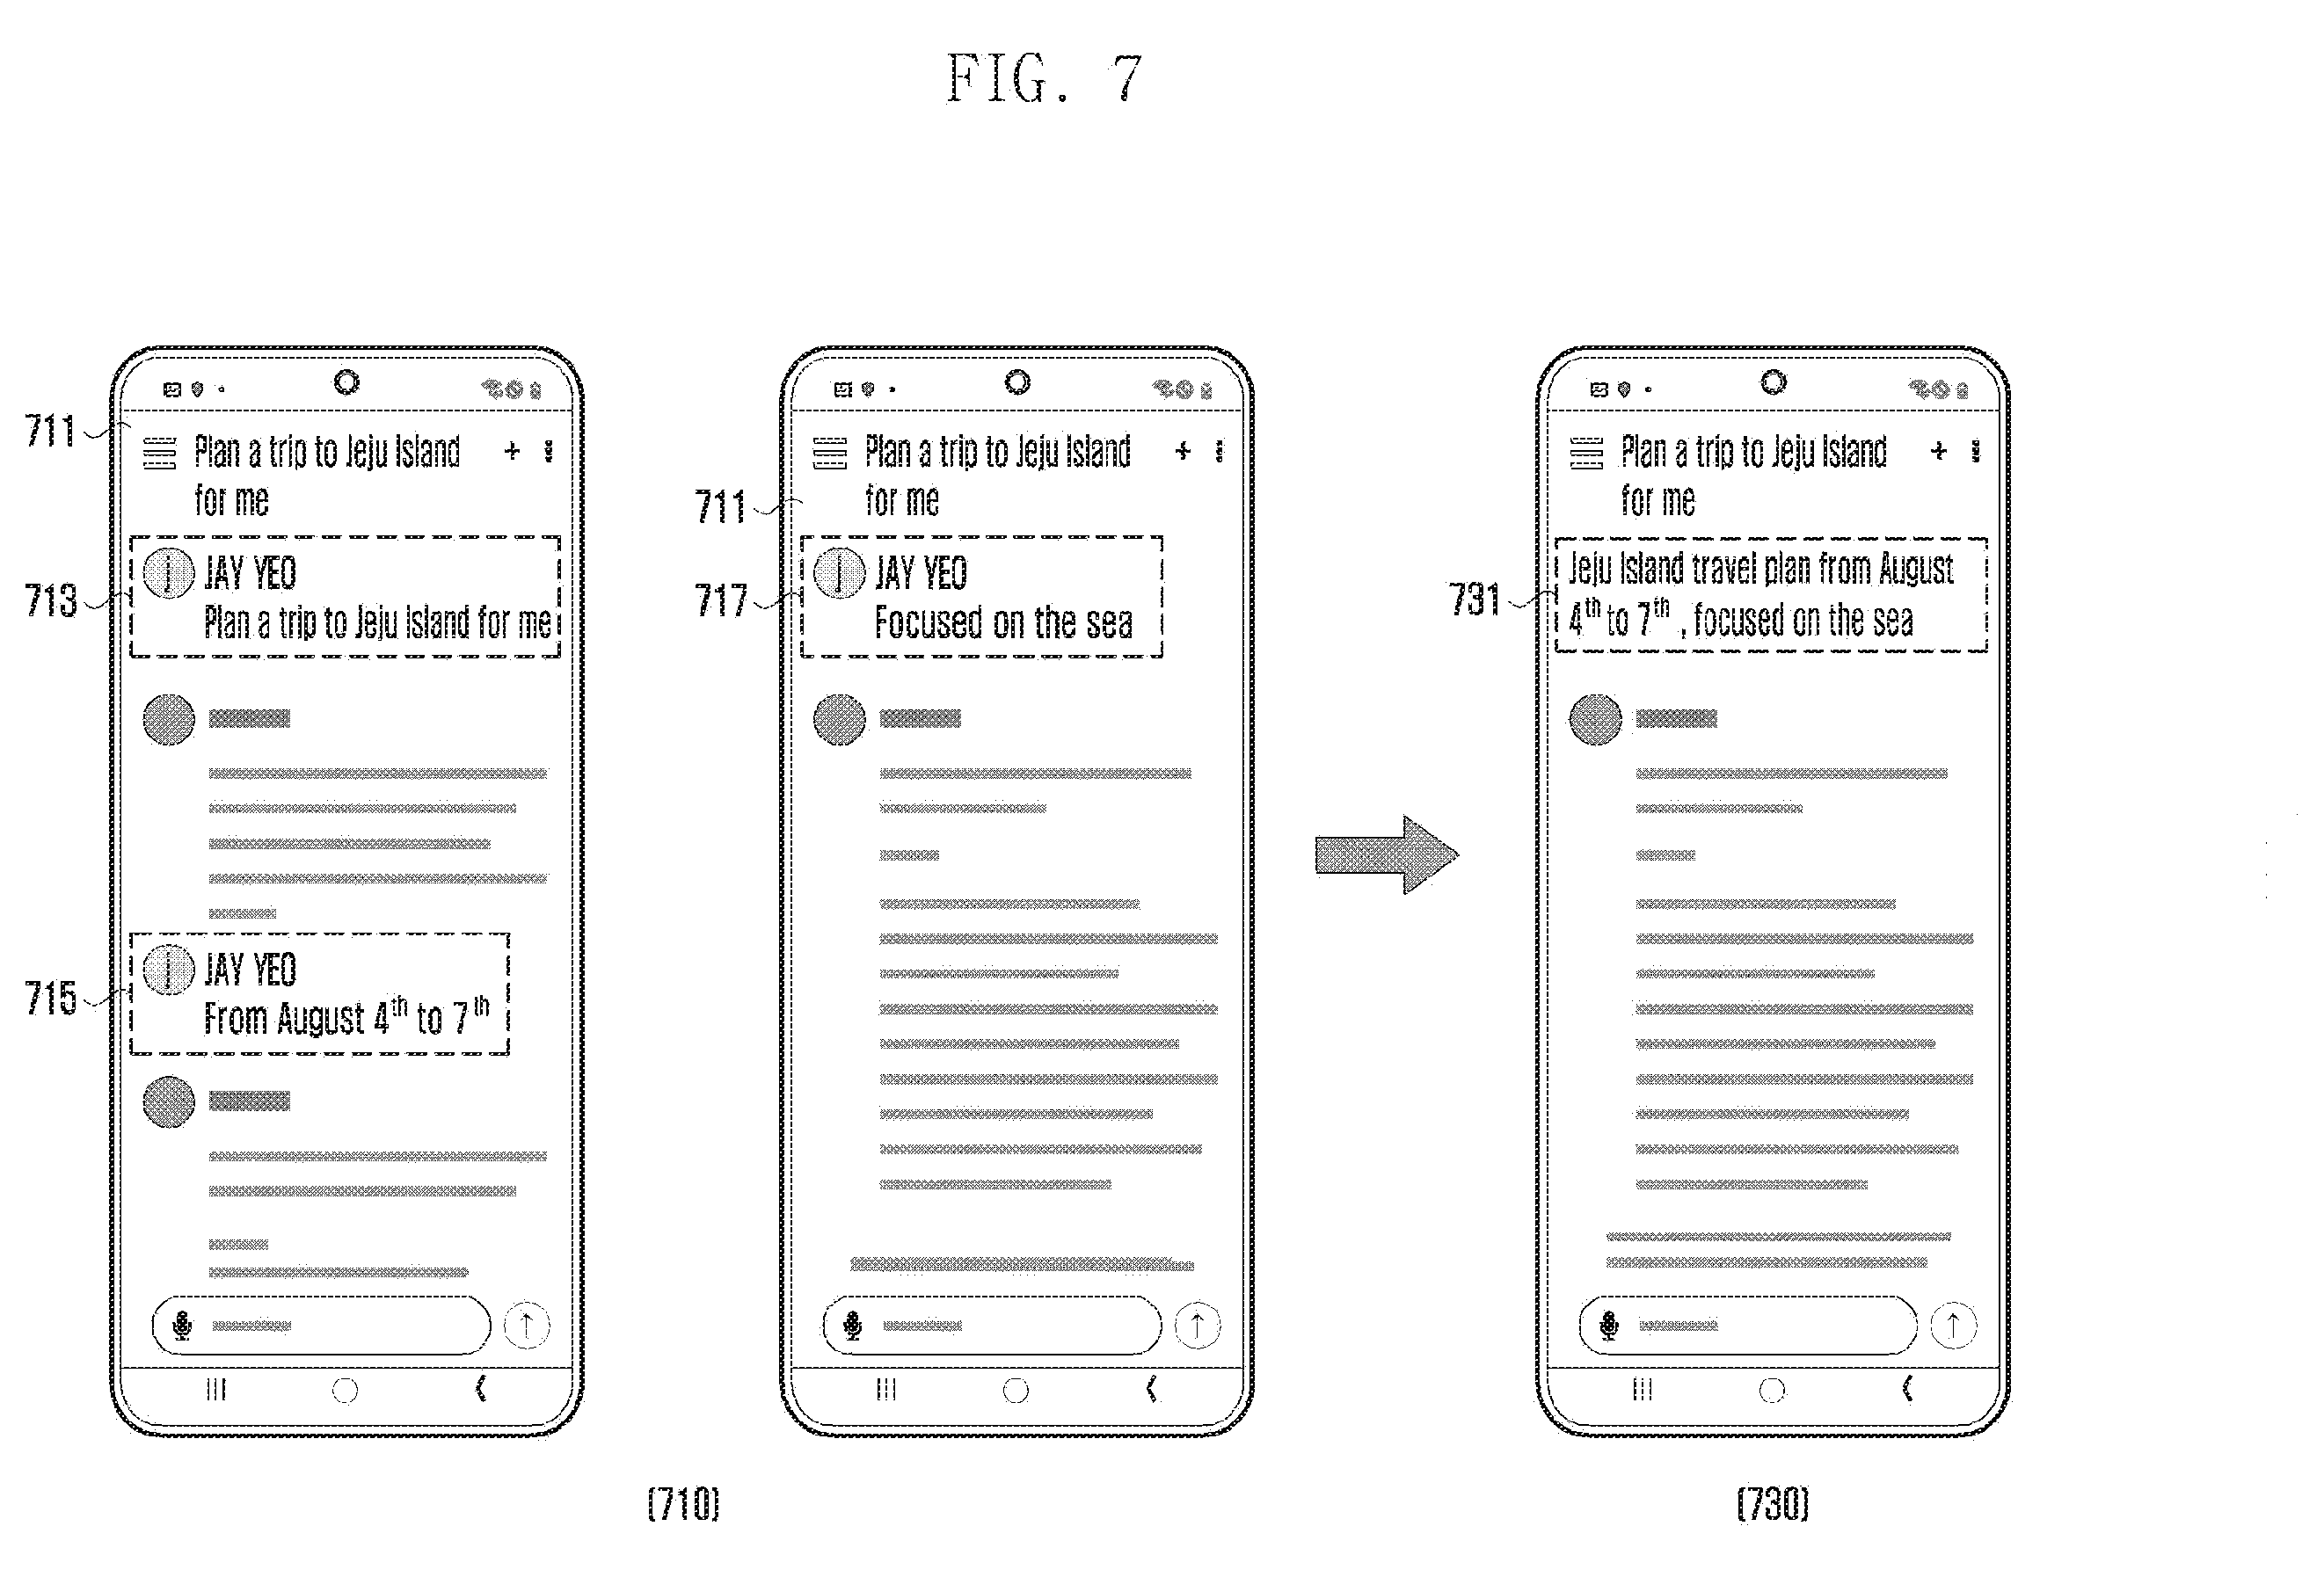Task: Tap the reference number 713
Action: [x=50, y=600]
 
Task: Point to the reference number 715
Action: [x=50, y=998]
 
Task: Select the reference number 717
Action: [x=720, y=600]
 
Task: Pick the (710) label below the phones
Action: [x=684, y=1503]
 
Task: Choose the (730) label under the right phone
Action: [x=1773, y=1503]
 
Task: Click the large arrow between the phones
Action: [x=1387, y=854]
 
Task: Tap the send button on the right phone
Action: [x=1953, y=1325]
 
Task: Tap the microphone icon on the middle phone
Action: [x=853, y=1325]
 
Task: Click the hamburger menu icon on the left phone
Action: [x=160, y=452]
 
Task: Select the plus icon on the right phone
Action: [x=1939, y=451]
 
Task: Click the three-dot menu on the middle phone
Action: [x=1219, y=451]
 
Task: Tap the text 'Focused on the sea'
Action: [x=1004, y=622]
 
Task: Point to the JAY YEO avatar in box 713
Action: [x=168, y=573]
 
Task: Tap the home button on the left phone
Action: [x=345, y=1390]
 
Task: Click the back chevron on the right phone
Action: [x=1908, y=1388]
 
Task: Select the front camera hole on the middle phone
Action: [x=1017, y=382]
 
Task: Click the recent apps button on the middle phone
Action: [x=886, y=1389]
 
